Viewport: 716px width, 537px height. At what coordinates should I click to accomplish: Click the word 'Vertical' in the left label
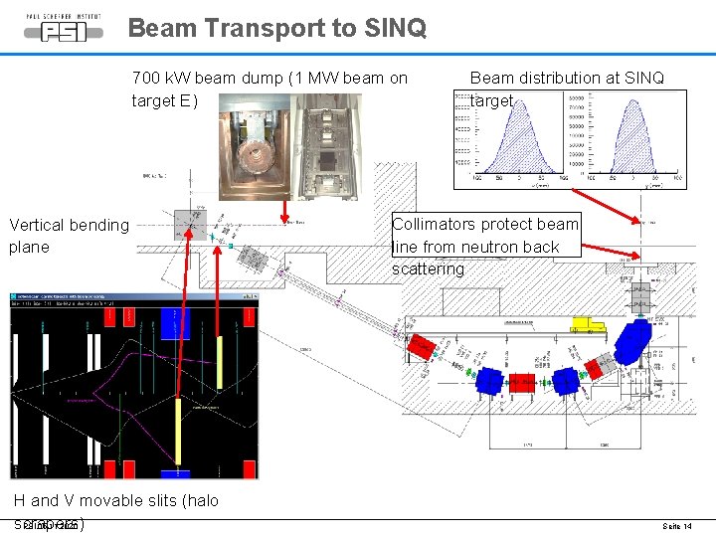click(x=38, y=225)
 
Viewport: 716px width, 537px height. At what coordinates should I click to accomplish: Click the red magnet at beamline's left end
click(x=421, y=348)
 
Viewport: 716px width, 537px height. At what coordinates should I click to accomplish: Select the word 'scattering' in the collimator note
click(x=428, y=268)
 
